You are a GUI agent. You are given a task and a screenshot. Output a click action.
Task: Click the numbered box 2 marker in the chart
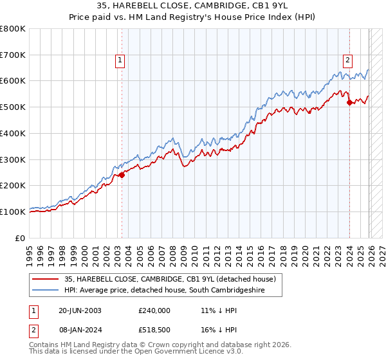pos(347,60)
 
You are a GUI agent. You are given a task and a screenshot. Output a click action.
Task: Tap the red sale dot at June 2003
pos(122,175)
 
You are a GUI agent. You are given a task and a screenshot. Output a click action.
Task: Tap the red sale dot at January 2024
pos(349,102)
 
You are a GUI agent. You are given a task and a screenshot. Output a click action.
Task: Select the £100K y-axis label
pos(13,212)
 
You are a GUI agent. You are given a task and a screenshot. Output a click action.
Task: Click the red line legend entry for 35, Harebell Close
pos(170,279)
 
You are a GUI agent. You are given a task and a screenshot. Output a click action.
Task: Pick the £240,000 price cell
pos(154,310)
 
